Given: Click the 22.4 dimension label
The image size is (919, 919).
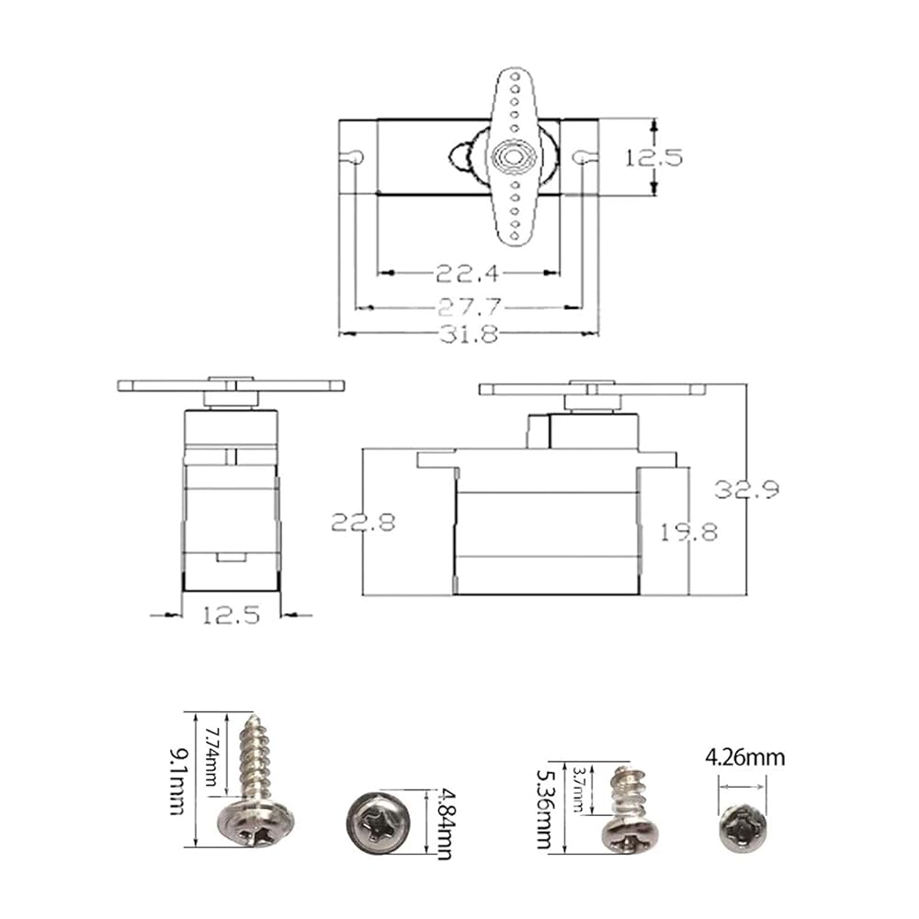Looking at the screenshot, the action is (x=467, y=273).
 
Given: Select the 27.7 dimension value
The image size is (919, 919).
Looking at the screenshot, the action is (x=470, y=307).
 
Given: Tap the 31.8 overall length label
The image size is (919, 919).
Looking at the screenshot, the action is (x=469, y=335).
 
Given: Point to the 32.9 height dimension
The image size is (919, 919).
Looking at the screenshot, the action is (x=746, y=489).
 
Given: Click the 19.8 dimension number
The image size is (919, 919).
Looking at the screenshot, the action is (x=689, y=532).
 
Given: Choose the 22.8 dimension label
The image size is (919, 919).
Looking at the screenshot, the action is (x=363, y=522).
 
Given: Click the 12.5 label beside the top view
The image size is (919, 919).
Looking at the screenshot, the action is (x=653, y=157).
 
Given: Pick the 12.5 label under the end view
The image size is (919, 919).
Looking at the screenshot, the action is (x=231, y=616).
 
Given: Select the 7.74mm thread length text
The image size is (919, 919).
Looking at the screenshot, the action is (x=211, y=756).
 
